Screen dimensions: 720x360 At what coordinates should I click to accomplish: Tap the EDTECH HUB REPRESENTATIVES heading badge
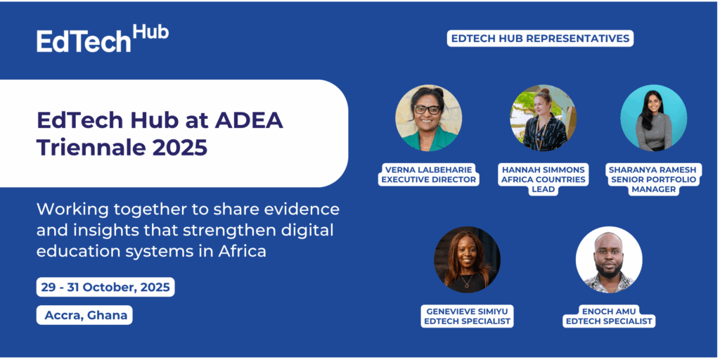[x=540, y=39]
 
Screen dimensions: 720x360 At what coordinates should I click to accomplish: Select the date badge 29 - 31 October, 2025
[x=105, y=287]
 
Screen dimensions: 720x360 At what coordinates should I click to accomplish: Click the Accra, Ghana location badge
[x=84, y=315]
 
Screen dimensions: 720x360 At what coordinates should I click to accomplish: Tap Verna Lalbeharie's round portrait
[x=428, y=118]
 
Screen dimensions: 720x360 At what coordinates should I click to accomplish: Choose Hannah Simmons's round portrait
[x=544, y=118]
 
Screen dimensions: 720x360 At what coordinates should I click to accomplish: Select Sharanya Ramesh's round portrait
[x=653, y=118]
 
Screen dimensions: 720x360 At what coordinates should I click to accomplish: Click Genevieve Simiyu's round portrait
[x=467, y=259]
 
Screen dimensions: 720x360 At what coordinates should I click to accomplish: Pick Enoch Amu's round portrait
[x=609, y=259]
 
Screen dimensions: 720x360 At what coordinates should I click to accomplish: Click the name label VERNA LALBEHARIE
[x=428, y=169]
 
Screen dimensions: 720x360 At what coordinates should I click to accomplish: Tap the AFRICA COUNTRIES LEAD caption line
[x=544, y=184]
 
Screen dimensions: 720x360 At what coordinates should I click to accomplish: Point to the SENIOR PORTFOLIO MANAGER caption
[x=652, y=184]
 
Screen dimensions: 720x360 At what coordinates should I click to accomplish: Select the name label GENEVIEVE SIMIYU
[x=467, y=311]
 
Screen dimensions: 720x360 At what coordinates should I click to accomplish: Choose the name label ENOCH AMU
[x=609, y=311]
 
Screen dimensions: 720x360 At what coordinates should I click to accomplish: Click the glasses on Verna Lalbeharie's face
[x=427, y=110]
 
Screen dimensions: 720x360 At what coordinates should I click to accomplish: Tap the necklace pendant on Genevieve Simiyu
[x=467, y=285]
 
